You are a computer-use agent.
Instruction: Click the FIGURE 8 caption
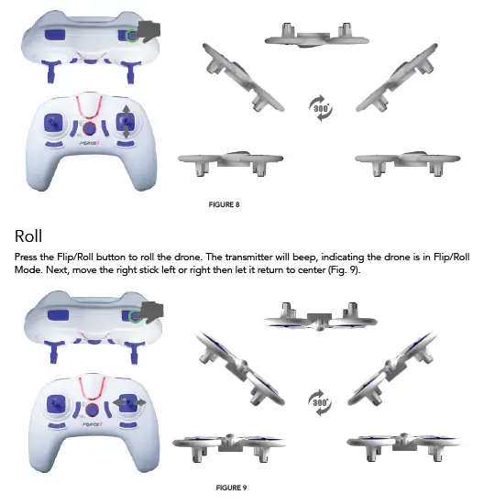click(x=225, y=204)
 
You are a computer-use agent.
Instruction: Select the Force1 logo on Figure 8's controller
click(x=89, y=155)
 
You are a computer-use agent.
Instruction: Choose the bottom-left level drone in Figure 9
click(x=221, y=442)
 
